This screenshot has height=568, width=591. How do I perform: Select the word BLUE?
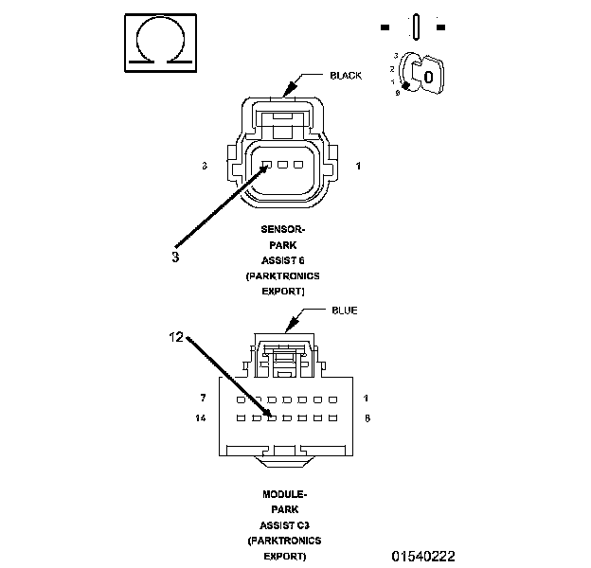[x=345, y=310]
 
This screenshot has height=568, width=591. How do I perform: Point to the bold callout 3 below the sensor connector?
[x=176, y=256]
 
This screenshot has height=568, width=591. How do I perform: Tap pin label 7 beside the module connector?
[x=204, y=398]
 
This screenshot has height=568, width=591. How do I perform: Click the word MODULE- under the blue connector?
[x=284, y=495]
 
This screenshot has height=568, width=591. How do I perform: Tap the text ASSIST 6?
[x=284, y=260]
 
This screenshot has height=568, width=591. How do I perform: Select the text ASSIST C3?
[x=284, y=525]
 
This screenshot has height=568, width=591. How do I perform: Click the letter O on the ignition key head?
[x=428, y=75]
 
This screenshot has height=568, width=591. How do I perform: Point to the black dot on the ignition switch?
[x=406, y=86]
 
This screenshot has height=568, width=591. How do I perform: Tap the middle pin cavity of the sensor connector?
[x=283, y=166]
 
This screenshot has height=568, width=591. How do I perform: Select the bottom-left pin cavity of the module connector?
[x=242, y=417]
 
